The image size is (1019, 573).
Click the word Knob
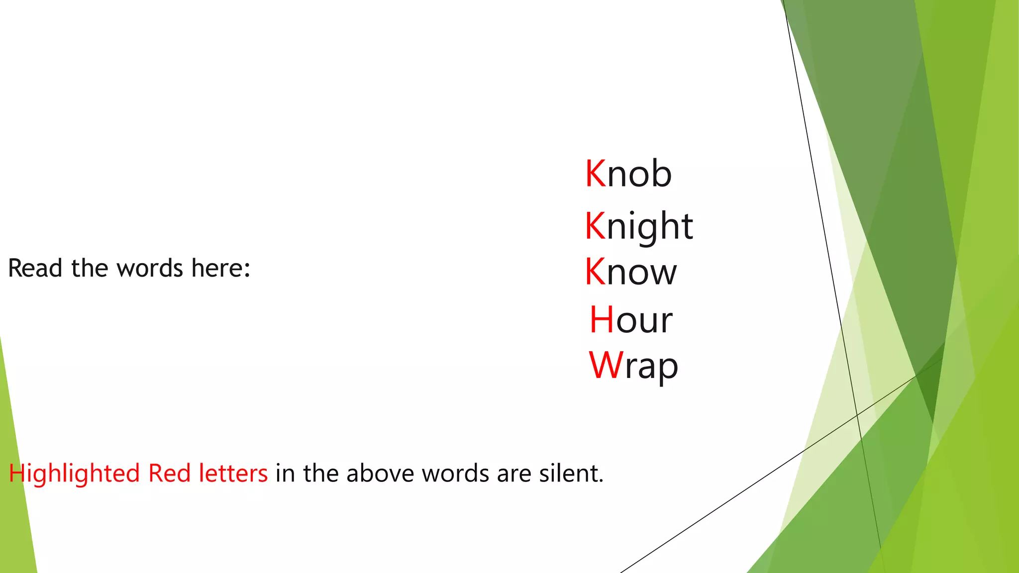[628, 174]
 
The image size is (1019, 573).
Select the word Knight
[639, 226]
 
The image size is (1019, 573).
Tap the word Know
[631, 272]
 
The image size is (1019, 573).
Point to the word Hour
[631, 319]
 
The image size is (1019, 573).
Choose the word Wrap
[633, 366]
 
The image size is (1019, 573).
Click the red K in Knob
[596, 174]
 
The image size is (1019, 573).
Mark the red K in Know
[595, 272]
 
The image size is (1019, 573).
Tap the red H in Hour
[602, 319]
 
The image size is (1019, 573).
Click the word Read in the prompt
[35, 268]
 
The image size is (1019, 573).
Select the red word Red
[170, 473]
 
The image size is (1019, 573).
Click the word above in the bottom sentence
[381, 473]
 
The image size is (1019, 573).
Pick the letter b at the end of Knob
[661, 174]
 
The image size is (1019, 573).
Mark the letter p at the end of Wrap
[668, 368]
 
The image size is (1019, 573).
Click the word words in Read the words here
[150, 268]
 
